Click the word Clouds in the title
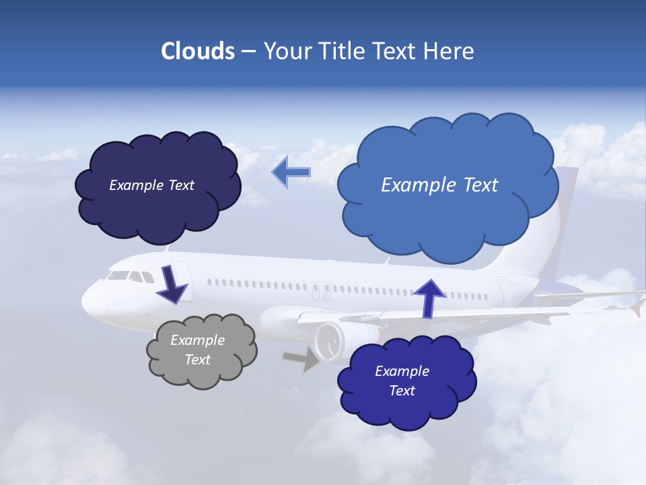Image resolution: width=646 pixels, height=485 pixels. point(197,51)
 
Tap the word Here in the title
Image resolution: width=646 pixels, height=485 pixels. point(452,51)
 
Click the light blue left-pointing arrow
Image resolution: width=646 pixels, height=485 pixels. point(291,172)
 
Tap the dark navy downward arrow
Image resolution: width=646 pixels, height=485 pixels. point(172,284)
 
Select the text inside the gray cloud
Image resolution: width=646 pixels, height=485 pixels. point(198,350)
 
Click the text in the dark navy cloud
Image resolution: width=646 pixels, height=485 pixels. point(151,185)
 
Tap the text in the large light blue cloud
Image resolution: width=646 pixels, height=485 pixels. point(439,185)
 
